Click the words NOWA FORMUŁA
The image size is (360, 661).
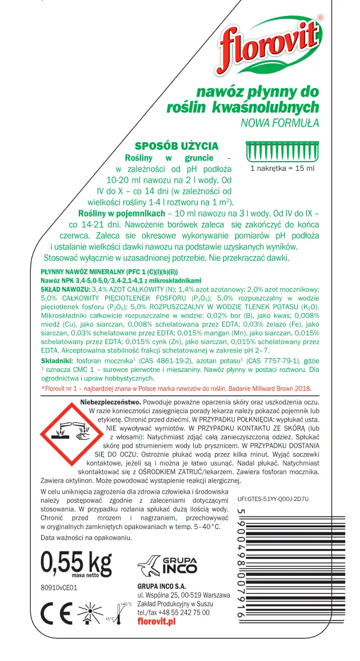tap(279, 122)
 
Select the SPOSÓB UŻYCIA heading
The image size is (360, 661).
tap(176, 146)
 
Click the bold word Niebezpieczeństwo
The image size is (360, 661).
tap(113, 402)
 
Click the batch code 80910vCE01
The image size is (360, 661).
tap(59, 587)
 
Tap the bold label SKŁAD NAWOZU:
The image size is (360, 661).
tap(65, 290)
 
